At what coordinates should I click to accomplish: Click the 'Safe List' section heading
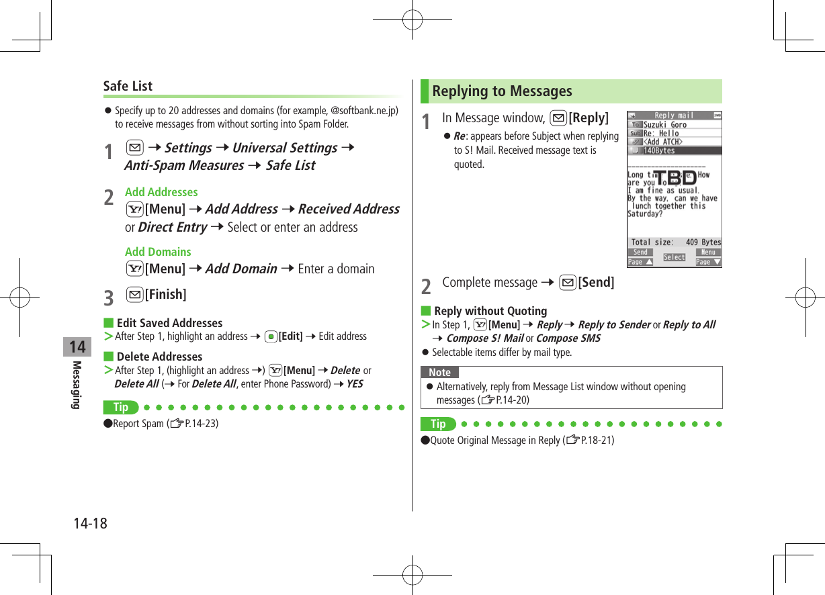click(x=128, y=86)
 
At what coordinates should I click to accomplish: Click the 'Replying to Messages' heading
click(x=502, y=91)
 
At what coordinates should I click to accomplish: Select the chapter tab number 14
click(x=77, y=347)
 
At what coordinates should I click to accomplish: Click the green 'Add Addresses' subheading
click(x=161, y=192)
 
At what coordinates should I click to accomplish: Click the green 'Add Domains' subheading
click(x=158, y=252)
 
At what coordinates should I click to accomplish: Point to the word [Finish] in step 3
click(x=165, y=294)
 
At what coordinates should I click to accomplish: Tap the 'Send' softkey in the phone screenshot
click(x=640, y=253)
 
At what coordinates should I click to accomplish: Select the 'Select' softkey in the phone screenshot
click(x=674, y=257)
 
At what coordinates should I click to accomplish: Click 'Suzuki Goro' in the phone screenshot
click(x=665, y=125)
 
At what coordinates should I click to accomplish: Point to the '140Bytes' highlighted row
click(x=659, y=150)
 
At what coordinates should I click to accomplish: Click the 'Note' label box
click(x=439, y=372)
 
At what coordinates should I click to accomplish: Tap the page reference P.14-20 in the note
click(x=511, y=400)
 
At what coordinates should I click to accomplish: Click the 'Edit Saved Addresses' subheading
click(x=169, y=323)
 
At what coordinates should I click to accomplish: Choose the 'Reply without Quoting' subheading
click(x=490, y=311)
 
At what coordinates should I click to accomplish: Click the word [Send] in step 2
click(x=596, y=282)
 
